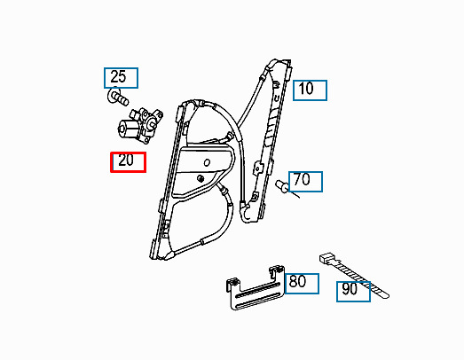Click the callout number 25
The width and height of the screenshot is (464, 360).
coord(118,77)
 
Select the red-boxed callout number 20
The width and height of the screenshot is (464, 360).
coord(126,160)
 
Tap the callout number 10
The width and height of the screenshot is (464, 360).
coord(306,89)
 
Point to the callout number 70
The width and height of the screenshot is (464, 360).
coord(302,179)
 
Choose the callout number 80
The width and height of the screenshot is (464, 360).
coord(298,281)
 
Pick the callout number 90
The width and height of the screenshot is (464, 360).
coord(350,289)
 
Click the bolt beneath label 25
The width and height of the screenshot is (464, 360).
coord(118,96)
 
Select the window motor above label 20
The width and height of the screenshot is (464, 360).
coord(140,125)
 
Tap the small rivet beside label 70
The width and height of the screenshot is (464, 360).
coord(282,186)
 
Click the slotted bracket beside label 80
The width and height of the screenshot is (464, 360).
coord(256,288)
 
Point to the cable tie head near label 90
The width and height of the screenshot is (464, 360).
coord(326,258)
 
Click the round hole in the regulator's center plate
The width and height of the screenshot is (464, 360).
coord(207,162)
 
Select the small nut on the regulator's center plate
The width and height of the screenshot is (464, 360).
coord(201,177)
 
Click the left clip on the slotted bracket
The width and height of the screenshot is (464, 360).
coord(233,285)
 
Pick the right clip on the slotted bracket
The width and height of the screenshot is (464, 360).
coord(277,271)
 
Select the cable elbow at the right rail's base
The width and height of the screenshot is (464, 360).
coord(247,211)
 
